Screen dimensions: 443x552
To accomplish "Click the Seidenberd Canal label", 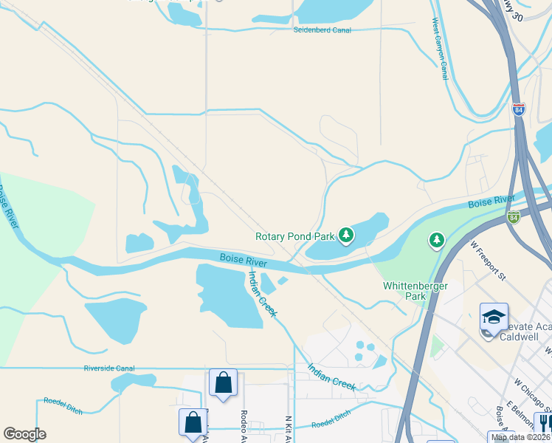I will point(322,30).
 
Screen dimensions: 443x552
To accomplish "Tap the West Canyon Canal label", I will point(440,49).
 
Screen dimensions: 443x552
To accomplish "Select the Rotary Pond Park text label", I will point(294,237).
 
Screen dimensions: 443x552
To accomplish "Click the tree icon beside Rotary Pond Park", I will point(346,236).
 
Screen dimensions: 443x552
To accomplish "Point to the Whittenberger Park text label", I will point(405,290).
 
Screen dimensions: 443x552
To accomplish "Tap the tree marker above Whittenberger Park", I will point(437,241).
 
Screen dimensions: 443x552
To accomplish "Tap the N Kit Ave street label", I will point(288,427).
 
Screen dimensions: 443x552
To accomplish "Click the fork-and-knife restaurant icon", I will point(544,422).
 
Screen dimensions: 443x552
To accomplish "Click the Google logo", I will point(24,434).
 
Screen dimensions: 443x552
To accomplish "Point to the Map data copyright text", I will point(520,437).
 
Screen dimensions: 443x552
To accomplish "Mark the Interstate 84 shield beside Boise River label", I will point(514,217).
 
